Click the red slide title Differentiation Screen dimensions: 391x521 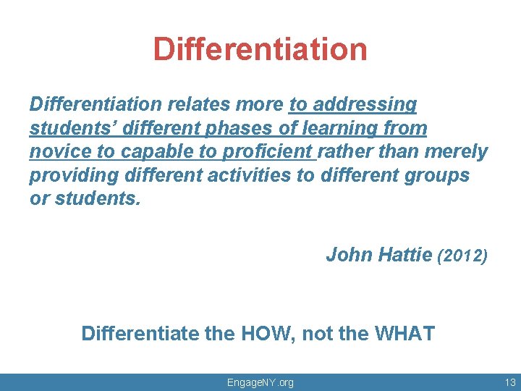coord(260,49)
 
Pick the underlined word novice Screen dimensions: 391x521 coord(56,152)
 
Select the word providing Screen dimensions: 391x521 coord(69,176)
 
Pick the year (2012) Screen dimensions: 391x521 coord(463,256)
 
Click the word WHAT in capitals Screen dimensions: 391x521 coord(404,334)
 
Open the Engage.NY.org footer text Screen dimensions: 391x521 coord(260,382)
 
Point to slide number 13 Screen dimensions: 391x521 coord(509,382)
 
